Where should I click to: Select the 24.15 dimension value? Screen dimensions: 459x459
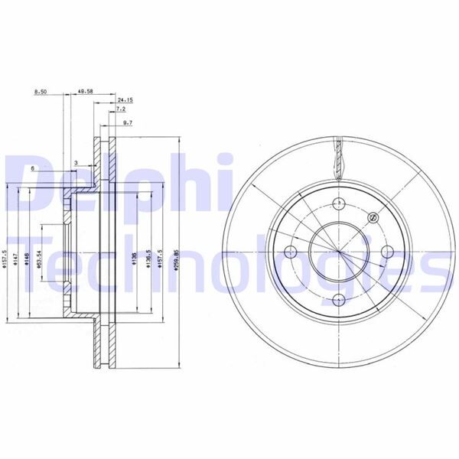click(x=125, y=100)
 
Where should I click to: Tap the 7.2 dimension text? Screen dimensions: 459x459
click(x=121, y=110)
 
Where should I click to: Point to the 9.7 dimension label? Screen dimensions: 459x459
click(x=127, y=122)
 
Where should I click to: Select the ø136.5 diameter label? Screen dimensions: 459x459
click(x=149, y=257)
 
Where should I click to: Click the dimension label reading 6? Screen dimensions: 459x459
click(x=32, y=168)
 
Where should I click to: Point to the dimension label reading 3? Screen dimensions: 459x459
click(x=76, y=163)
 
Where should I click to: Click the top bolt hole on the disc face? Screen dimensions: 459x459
click(x=337, y=202)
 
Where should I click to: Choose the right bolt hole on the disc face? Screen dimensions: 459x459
click(x=386, y=252)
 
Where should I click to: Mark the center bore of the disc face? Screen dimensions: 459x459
click(x=337, y=252)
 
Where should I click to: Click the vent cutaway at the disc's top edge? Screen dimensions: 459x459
click(x=337, y=157)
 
